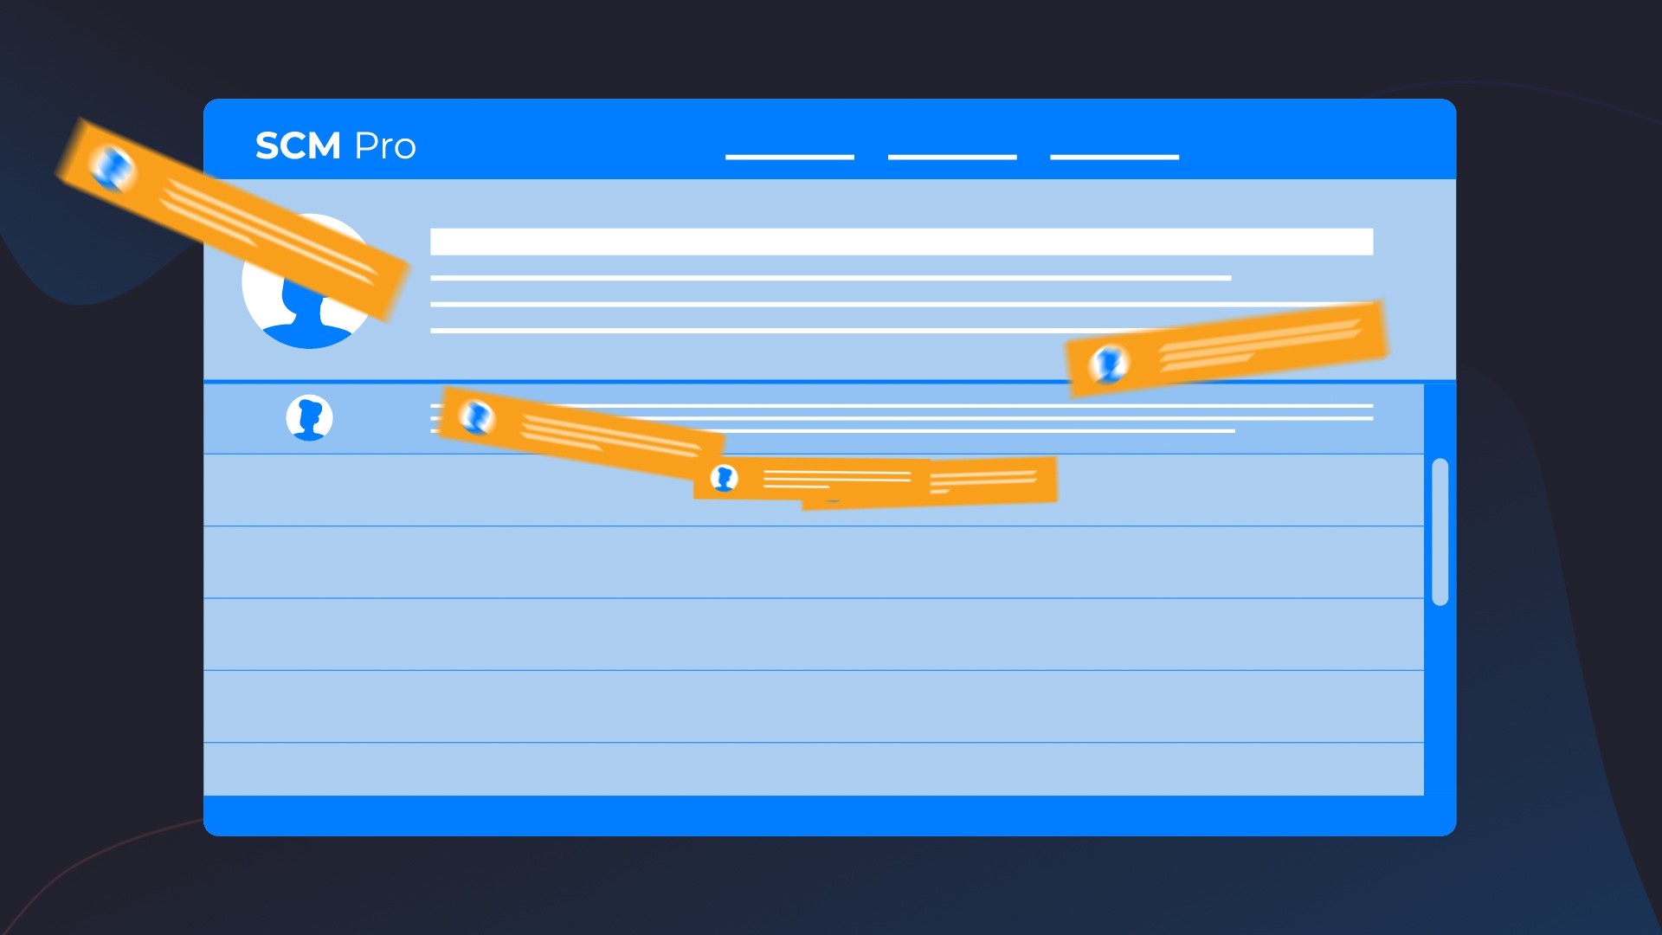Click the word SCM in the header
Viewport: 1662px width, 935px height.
[298, 146]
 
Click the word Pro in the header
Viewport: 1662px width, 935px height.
[385, 146]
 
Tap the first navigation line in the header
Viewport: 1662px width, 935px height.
[789, 157]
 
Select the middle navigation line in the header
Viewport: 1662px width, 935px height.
[952, 157]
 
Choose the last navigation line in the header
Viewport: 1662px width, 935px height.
[1115, 157]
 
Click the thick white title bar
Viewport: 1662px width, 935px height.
[902, 242]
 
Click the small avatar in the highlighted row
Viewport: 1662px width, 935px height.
[309, 418]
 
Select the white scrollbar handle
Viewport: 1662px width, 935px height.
[1440, 532]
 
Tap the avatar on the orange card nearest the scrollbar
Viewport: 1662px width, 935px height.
[1109, 364]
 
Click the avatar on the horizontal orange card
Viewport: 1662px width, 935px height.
[724, 478]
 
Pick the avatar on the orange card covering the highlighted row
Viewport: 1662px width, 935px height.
[475, 416]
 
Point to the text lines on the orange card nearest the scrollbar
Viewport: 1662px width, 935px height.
[1260, 345]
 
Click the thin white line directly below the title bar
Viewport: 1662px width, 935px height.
[831, 278]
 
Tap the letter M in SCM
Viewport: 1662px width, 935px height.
[321, 146]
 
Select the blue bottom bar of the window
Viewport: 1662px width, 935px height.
[829, 816]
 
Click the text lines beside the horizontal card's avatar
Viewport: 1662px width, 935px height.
[837, 479]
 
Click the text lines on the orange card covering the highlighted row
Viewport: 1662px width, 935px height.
[611, 435]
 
